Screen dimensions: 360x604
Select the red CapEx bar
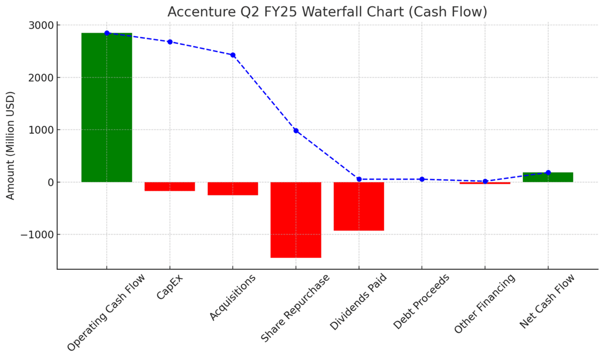pyautogui.click(x=170, y=187)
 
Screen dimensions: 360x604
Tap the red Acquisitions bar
pyautogui.click(x=233, y=189)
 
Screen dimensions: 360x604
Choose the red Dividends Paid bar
pyautogui.click(x=359, y=206)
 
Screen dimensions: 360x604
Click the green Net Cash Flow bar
pyautogui.click(x=548, y=177)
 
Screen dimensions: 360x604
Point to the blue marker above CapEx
pyautogui.click(x=170, y=42)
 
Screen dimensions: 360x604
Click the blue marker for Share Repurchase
pyautogui.click(x=296, y=131)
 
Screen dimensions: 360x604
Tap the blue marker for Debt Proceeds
pyautogui.click(x=422, y=179)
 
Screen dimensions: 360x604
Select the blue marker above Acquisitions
pyautogui.click(x=233, y=55)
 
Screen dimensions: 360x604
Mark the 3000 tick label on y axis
pyautogui.click(x=42, y=25)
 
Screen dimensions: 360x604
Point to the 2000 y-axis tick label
pyautogui.click(x=42, y=78)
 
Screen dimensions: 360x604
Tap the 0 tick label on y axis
pyautogui.click(x=50, y=182)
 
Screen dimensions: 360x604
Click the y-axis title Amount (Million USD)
pyautogui.click(x=11, y=146)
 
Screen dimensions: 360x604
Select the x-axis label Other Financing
pyautogui.click(x=485, y=304)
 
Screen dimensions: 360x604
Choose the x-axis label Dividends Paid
pyautogui.click(x=358, y=303)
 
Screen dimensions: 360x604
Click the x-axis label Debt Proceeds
pyautogui.click(x=421, y=302)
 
